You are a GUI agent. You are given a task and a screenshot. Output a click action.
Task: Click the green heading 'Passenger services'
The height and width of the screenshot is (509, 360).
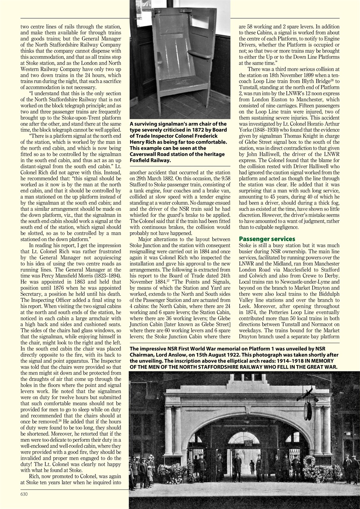click(267, 239)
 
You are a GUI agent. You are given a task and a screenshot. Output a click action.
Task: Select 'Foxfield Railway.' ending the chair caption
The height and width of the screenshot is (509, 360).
click(150, 160)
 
